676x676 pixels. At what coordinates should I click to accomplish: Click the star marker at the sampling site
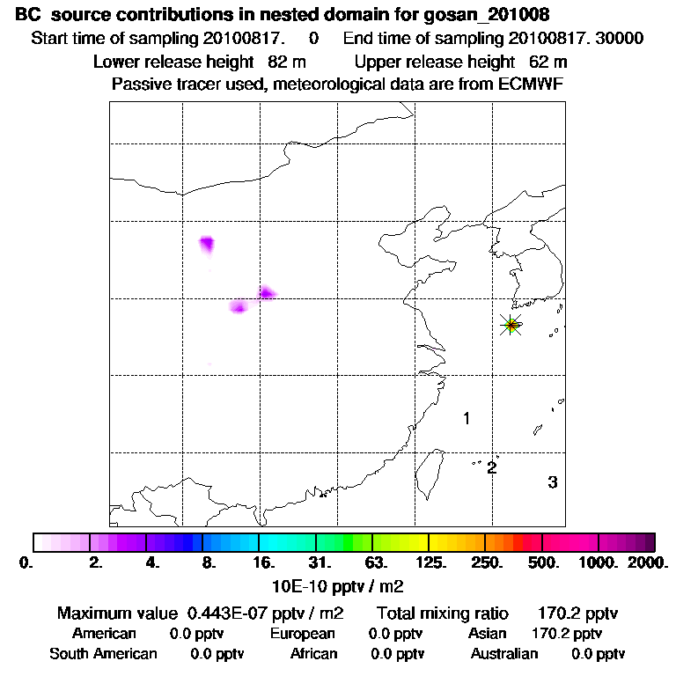(x=511, y=325)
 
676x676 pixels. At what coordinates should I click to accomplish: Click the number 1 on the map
(x=467, y=419)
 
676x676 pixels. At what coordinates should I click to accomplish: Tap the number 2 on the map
(x=492, y=467)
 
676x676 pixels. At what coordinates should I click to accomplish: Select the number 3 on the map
(x=552, y=482)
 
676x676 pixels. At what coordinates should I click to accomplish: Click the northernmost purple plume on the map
(x=208, y=244)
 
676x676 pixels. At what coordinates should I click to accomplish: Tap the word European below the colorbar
(x=303, y=633)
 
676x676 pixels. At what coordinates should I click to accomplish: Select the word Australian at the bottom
(x=504, y=653)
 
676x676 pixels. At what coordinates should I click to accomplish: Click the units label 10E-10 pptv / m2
(x=339, y=584)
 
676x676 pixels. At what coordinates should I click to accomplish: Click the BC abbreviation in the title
(x=27, y=16)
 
